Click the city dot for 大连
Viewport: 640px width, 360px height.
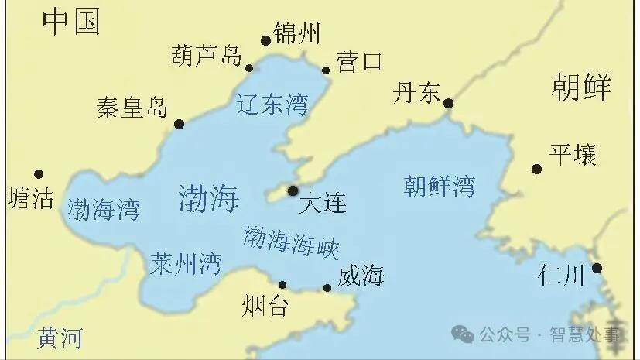pos(293,190)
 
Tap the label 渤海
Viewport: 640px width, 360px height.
pos(209,198)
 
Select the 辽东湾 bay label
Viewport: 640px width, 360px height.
pos(272,104)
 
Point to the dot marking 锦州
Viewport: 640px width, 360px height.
pos(265,40)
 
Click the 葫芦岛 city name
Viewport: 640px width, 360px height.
pos(207,56)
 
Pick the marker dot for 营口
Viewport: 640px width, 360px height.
pos(326,70)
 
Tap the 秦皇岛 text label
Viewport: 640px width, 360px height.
pos(132,108)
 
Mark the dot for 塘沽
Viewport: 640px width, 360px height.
pos(39,174)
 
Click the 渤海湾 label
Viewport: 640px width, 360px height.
pos(103,209)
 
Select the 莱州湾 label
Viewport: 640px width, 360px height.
pos(186,263)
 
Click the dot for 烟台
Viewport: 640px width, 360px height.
pos(282,285)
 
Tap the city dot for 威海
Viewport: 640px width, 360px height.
pos(327,288)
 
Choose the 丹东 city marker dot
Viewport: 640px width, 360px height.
pos(448,103)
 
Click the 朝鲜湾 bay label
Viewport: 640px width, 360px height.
pos(440,186)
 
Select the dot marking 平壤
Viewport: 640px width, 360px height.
pos(536,169)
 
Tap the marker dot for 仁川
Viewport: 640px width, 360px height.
pos(597,268)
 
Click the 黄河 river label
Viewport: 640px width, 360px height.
pos(60,338)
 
